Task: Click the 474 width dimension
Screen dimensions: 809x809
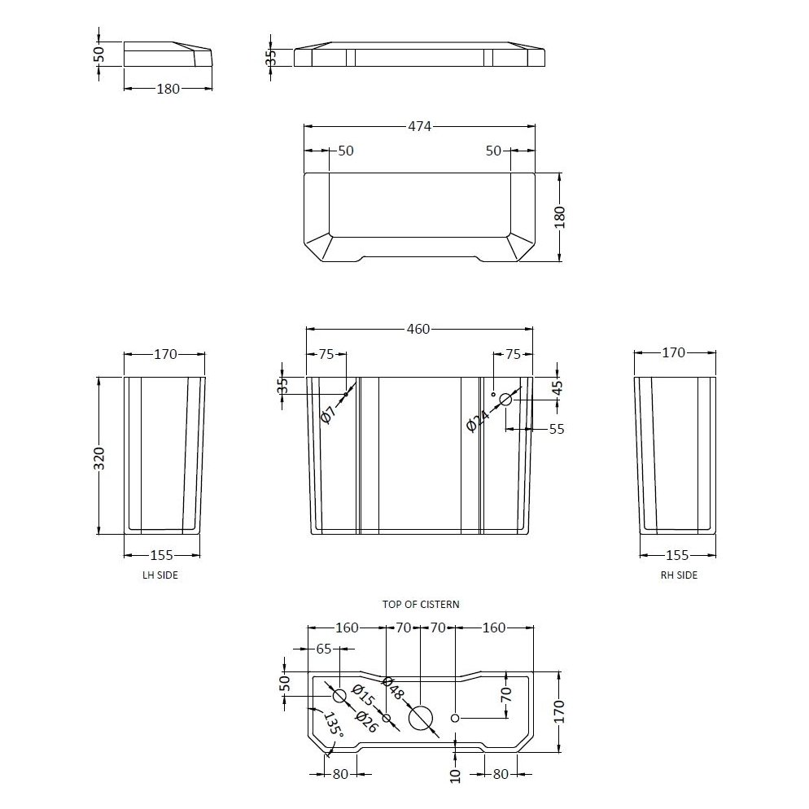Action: click(420, 126)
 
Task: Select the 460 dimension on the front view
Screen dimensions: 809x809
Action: click(418, 329)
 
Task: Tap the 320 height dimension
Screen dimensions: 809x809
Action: click(99, 458)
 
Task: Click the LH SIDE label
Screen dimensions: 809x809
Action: click(160, 575)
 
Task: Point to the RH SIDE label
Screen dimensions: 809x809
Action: click(679, 575)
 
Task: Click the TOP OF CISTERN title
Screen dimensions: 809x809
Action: click(421, 604)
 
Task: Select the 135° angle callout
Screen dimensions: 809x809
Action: click(332, 726)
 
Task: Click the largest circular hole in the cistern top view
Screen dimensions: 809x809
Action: click(421, 717)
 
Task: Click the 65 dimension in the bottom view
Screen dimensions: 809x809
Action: click(324, 649)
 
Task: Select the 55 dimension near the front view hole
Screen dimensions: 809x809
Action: click(556, 429)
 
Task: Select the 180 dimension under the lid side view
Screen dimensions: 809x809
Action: click(167, 89)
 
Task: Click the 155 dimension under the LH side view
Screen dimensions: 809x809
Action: click(162, 555)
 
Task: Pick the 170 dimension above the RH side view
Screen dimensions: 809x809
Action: click(674, 352)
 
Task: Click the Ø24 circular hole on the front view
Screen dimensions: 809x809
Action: click(505, 399)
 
